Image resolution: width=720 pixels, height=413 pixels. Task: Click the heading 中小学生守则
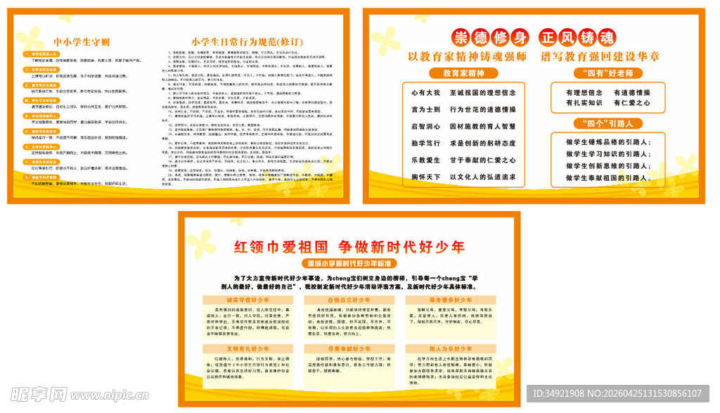82,41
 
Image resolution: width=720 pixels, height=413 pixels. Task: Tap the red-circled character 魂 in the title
605,37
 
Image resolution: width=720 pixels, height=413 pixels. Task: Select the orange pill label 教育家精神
463,72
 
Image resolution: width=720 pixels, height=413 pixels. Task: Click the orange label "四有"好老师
609,72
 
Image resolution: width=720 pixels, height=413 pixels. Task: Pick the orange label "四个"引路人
608,123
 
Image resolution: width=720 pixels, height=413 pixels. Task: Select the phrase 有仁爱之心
631,103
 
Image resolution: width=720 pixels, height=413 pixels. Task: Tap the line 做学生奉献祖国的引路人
608,178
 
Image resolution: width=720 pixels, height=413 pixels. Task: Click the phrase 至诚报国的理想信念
483,92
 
